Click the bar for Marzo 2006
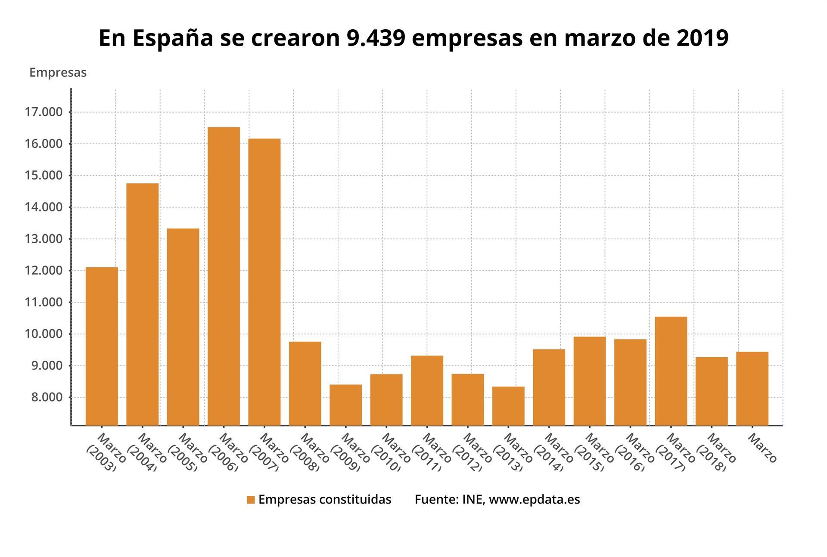pyautogui.click(x=224, y=275)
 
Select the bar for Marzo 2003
pyautogui.click(x=102, y=346)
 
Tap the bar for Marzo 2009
pyautogui.click(x=345, y=405)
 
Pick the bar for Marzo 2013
pyautogui.click(x=508, y=405)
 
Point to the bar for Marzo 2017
pyautogui.click(x=671, y=371)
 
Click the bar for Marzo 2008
pyautogui.click(x=305, y=383)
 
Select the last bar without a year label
pyautogui.click(x=752, y=388)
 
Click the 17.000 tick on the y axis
pyautogui.click(x=44, y=112)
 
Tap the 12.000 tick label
pyautogui.click(x=44, y=271)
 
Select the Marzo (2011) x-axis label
pyautogui.click(x=431, y=452)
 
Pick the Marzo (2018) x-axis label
pyautogui.click(x=715, y=452)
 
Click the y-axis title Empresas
pyautogui.click(x=58, y=73)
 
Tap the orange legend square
pyautogui.click(x=251, y=500)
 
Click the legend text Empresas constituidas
pyautogui.click(x=325, y=499)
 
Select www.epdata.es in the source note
pyautogui.click(x=534, y=500)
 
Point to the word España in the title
pyautogui.click(x=173, y=38)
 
